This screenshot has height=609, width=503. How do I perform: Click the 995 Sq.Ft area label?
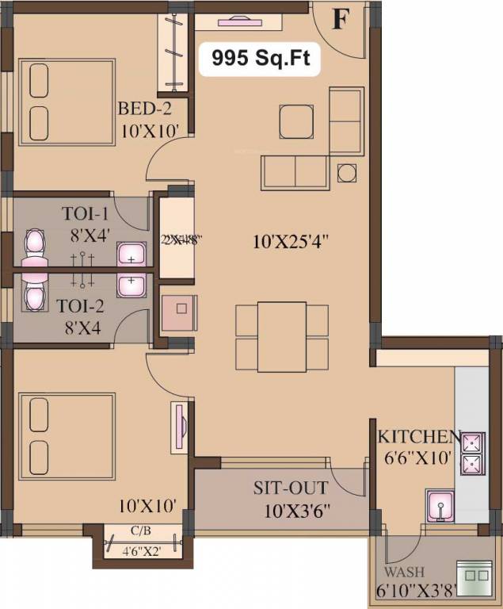259,57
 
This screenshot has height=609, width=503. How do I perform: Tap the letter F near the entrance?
339,19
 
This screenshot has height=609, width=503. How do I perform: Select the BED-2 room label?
145,109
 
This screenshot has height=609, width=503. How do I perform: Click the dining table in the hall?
281,336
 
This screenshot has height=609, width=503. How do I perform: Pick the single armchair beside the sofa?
296,121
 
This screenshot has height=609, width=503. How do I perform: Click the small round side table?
346,173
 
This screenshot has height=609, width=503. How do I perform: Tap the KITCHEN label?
418,437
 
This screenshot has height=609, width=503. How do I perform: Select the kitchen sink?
437,505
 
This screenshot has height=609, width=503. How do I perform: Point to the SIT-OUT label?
280,488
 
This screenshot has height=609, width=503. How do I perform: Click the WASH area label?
405,572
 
